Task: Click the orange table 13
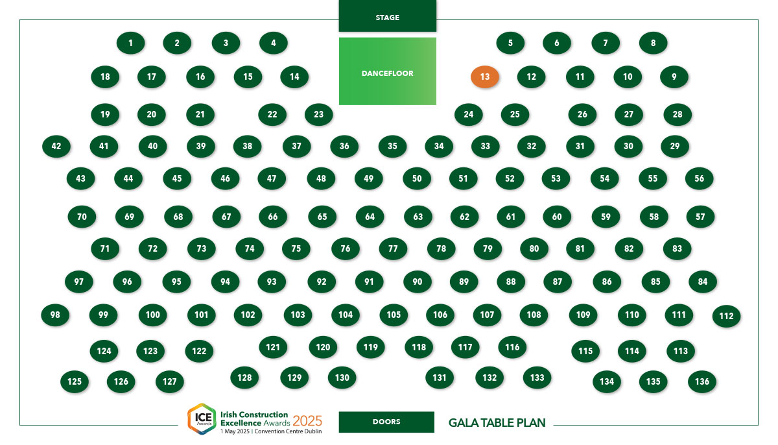(x=485, y=77)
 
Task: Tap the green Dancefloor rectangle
(x=388, y=71)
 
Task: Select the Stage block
(x=388, y=16)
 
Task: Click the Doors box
(x=386, y=422)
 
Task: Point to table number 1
(x=130, y=43)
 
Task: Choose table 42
(x=56, y=146)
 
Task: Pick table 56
(x=699, y=178)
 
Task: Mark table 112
(x=726, y=316)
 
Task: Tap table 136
(x=702, y=381)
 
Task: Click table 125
(x=75, y=381)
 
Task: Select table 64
(x=370, y=217)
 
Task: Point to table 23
(x=319, y=114)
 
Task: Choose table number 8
(x=654, y=43)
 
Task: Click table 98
(x=55, y=315)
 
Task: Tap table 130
(x=342, y=378)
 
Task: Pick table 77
(x=393, y=248)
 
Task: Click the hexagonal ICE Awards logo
(x=202, y=419)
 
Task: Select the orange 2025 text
(x=307, y=421)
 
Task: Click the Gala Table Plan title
(x=497, y=423)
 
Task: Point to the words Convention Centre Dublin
(x=288, y=431)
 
